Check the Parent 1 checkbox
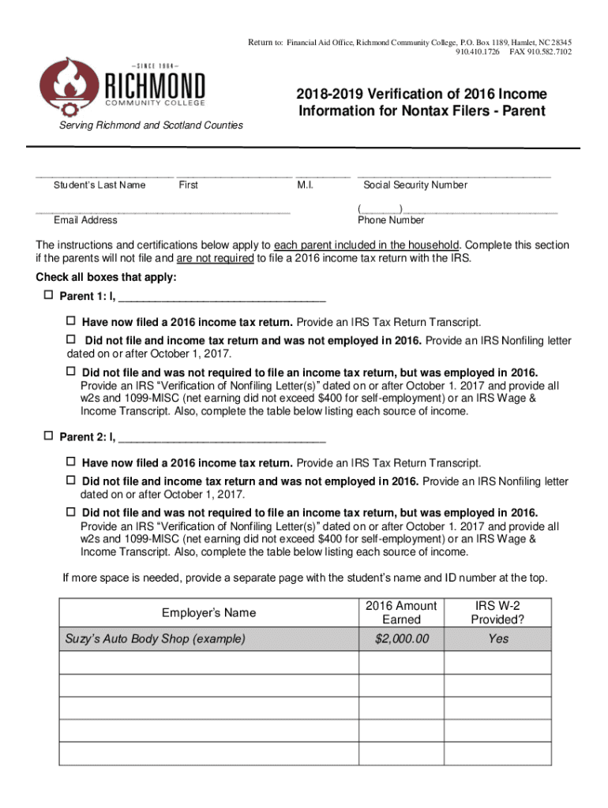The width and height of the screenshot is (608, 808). click(47, 296)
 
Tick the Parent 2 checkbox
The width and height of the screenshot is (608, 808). click(47, 436)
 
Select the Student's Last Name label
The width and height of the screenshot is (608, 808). click(99, 185)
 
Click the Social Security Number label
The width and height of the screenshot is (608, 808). click(415, 185)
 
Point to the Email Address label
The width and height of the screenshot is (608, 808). click(85, 220)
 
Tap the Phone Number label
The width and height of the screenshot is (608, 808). click(391, 220)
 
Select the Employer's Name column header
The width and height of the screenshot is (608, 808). click(208, 612)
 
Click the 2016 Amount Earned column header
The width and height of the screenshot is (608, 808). click(401, 612)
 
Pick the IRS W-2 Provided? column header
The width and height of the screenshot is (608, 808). click(497, 612)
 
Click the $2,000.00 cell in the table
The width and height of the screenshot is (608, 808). click(401, 638)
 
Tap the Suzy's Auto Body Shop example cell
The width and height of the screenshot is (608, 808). click(155, 638)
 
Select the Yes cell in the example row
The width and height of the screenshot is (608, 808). click(497, 638)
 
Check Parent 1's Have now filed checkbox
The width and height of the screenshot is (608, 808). click(70, 322)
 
